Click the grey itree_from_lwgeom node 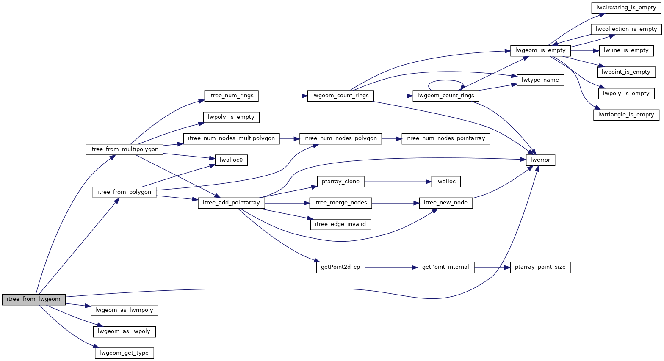pos(34,299)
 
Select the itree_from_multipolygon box pos(125,149)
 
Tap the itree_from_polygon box pos(125,192)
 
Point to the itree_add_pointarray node pos(231,203)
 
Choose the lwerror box pos(540,160)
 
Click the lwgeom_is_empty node pos(540,50)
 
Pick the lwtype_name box pos(540,80)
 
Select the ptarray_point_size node pos(540,267)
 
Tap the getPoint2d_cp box pos(340,267)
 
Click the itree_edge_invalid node pos(340,224)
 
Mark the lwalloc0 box pos(231,160)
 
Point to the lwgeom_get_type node pos(124,353)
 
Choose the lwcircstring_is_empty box pos(626,8)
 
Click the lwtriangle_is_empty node pos(626,115)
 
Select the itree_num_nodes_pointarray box pos(446,138)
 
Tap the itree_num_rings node pos(231,96)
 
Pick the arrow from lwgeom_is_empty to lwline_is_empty pos(585,50)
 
